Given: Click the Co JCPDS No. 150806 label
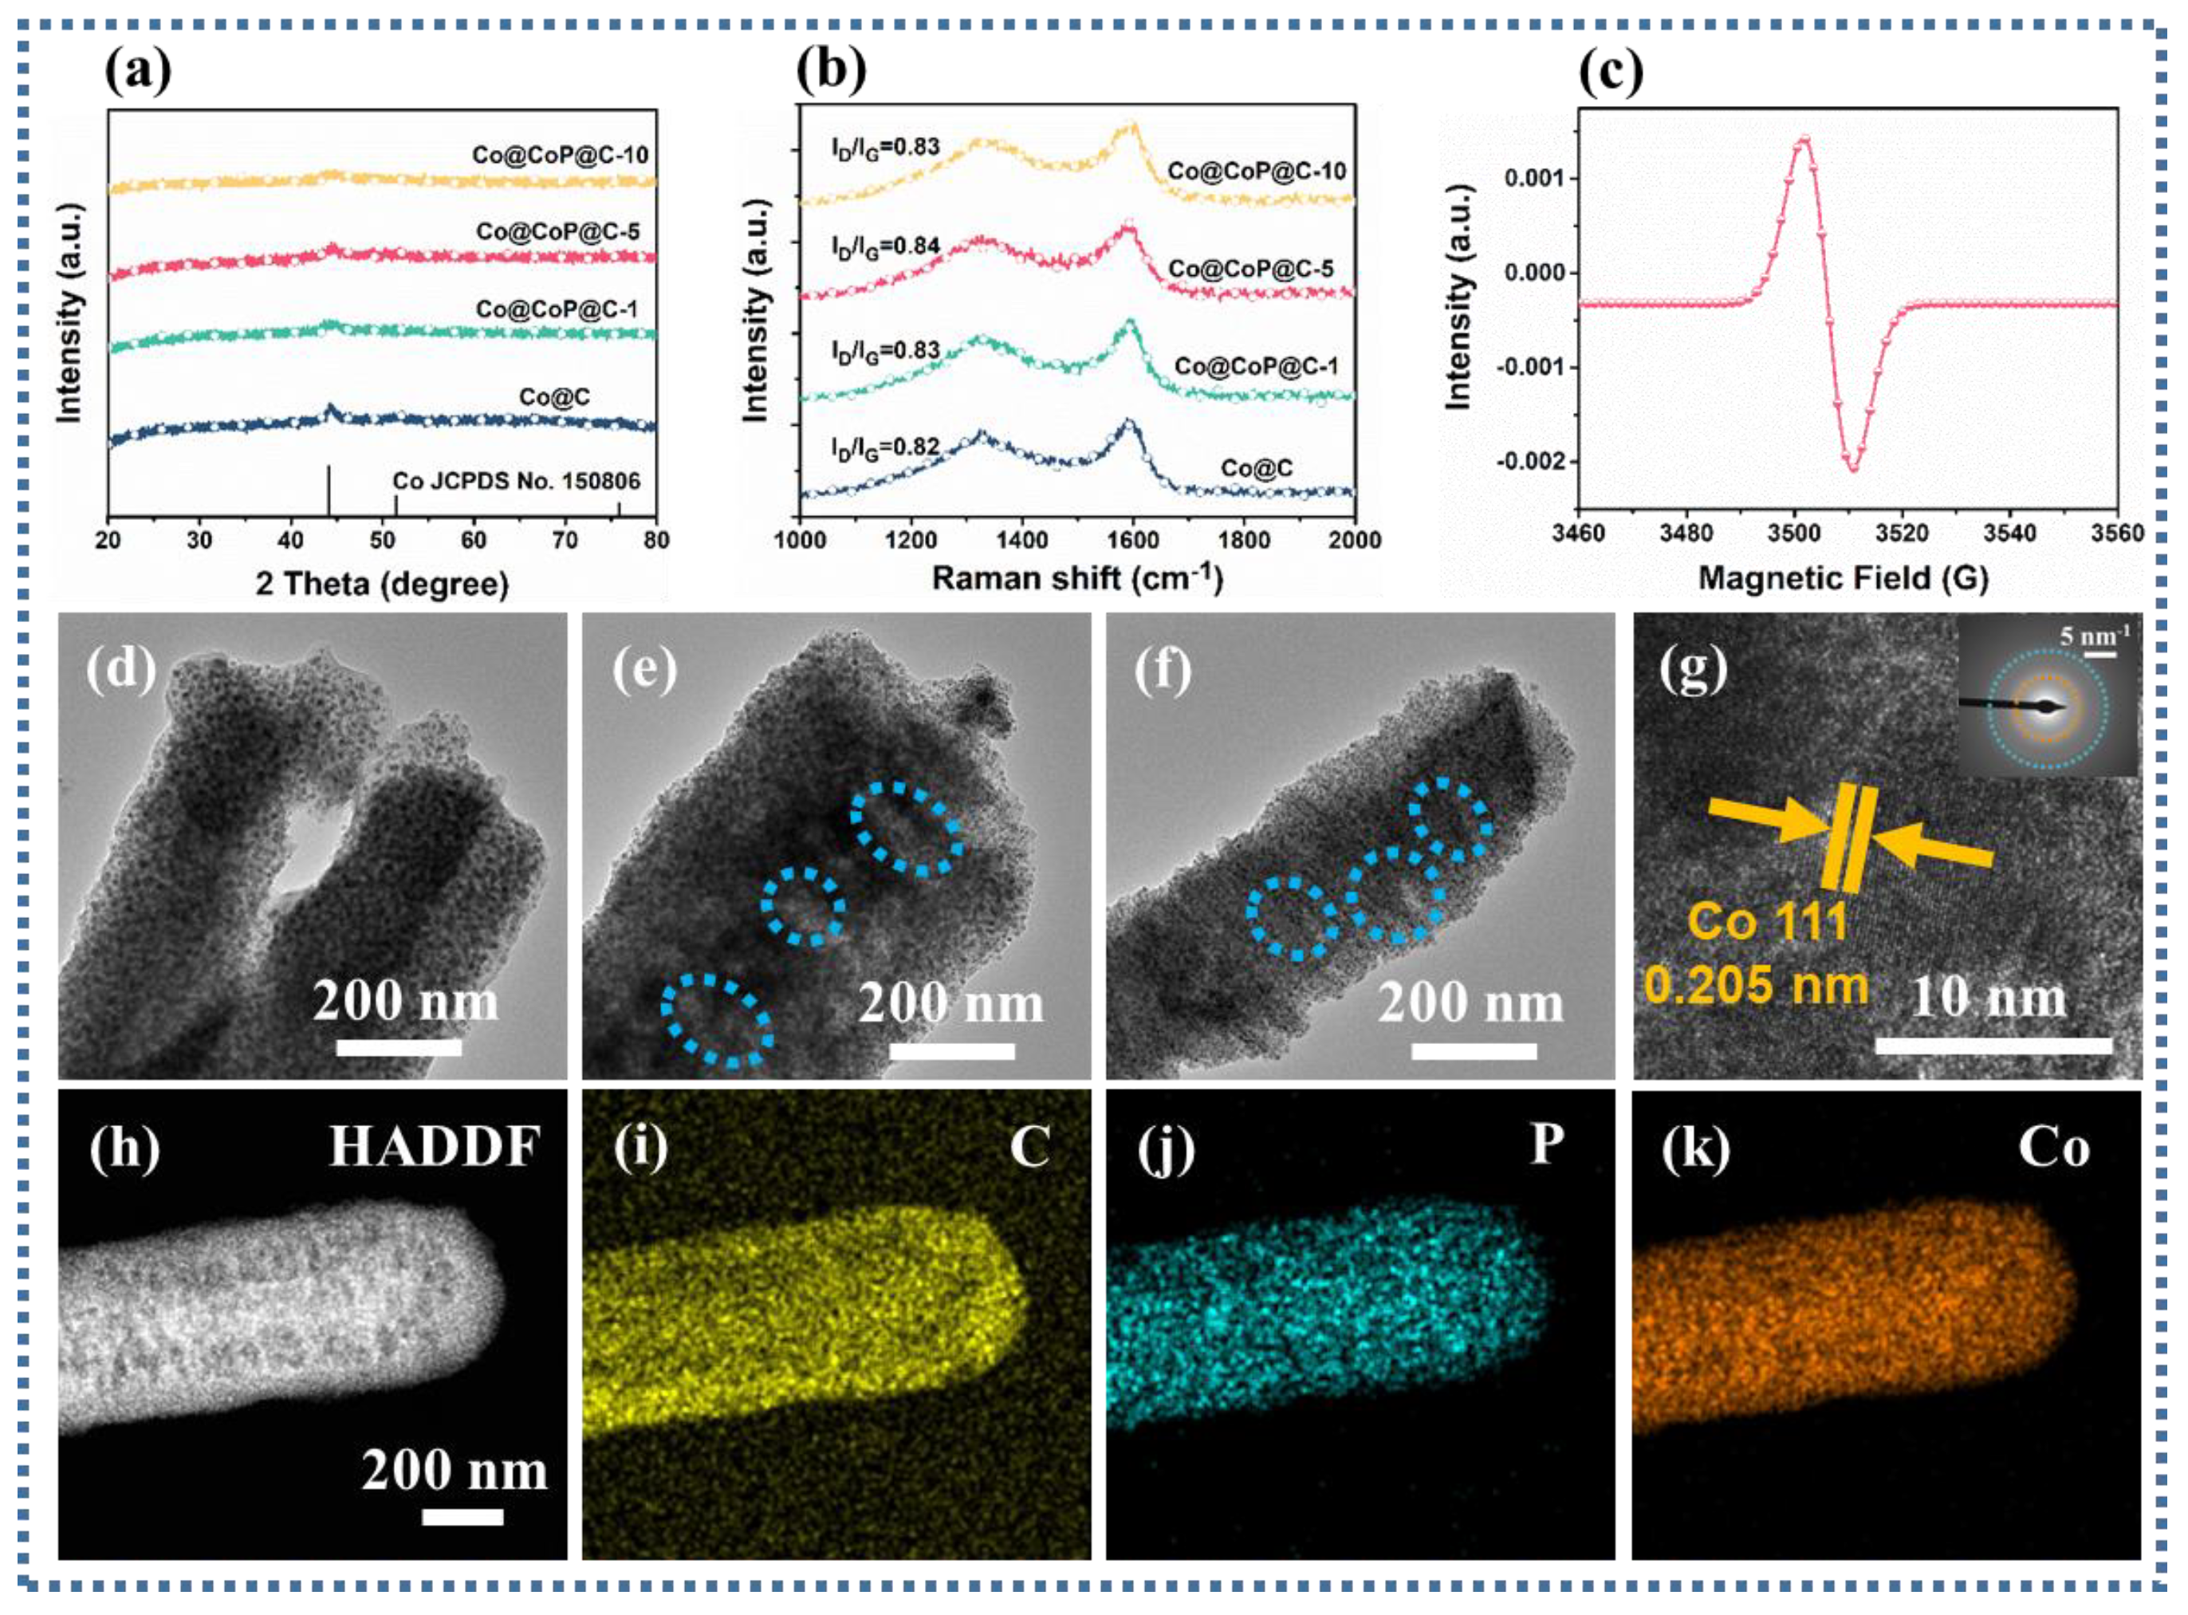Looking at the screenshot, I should tap(516, 481).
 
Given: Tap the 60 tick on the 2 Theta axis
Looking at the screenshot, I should tap(473, 540).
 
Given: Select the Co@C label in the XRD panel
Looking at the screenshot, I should tap(554, 397).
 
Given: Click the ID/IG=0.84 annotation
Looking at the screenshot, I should tap(885, 246).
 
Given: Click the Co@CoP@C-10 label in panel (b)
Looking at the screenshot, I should tap(1257, 171).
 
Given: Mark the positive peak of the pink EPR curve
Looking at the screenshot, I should tap(1804, 139).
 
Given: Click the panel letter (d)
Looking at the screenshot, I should tap(121, 671).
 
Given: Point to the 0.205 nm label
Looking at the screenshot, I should tap(1756, 983).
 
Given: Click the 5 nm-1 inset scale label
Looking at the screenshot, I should tap(2094, 637).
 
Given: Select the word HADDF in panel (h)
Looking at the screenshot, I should tap(434, 1147).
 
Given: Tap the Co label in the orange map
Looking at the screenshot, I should tap(2054, 1148).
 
